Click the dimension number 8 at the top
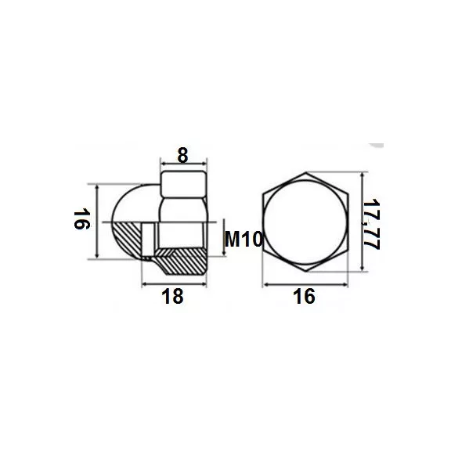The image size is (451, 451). pyautogui.click(x=182, y=155)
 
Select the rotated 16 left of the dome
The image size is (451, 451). pyautogui.click(x=82, y=219)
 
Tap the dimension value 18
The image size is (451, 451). pyautogui.click(x=172, y=297)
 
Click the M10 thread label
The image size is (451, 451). pyautogui.click(x=244, y=240)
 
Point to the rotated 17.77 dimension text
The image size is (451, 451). pyautogui.click(x=372, y=224)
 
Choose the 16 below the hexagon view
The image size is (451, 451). pyautogui.click(x=304, y=297)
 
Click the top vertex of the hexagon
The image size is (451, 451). pyautogui.click(x=305, y=172)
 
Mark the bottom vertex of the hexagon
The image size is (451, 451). pyautogui.click(x=305, y=272)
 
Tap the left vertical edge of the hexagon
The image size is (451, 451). pyautogui.click(x=263, y=222)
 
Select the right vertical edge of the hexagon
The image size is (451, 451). pyautogui.click(x=348, y=222)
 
